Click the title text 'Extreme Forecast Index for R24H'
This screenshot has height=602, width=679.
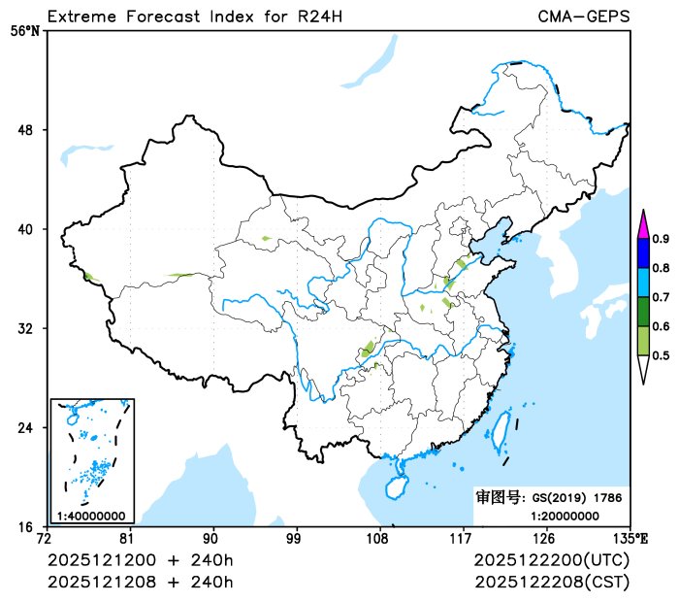coord(194,17)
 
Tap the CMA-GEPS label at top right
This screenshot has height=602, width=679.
coord(583,17)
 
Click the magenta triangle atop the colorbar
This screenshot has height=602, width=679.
coord(642,225)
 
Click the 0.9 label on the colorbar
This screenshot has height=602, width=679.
coord(661,239)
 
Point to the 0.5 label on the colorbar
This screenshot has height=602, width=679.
coord(661,355)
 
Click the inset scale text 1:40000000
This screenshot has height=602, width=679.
coord(90,516)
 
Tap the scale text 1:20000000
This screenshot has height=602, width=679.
coord(565,515)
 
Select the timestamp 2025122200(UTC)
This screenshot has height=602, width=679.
coord(552,561)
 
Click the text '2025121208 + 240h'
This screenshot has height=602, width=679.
coord(141,582)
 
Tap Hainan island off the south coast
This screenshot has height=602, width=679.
coord(397,485)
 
